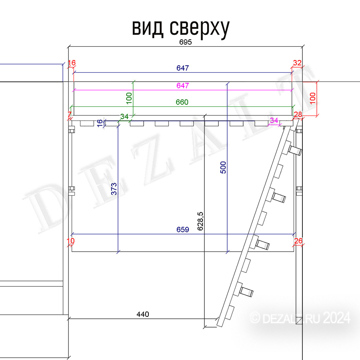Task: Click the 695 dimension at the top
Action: (x=186, y=42)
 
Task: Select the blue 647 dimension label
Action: (x=183, y=68)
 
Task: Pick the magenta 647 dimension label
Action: (x=183, y=86)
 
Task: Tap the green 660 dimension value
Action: (x=182, y=102)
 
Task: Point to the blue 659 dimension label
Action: (x=183, y=229)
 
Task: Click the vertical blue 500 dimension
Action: (x=223, y=167)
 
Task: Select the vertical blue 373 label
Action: (x=114, y=189)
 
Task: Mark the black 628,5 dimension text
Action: (x=200, y=221)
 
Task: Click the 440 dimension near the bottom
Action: (x=143, y=314)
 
